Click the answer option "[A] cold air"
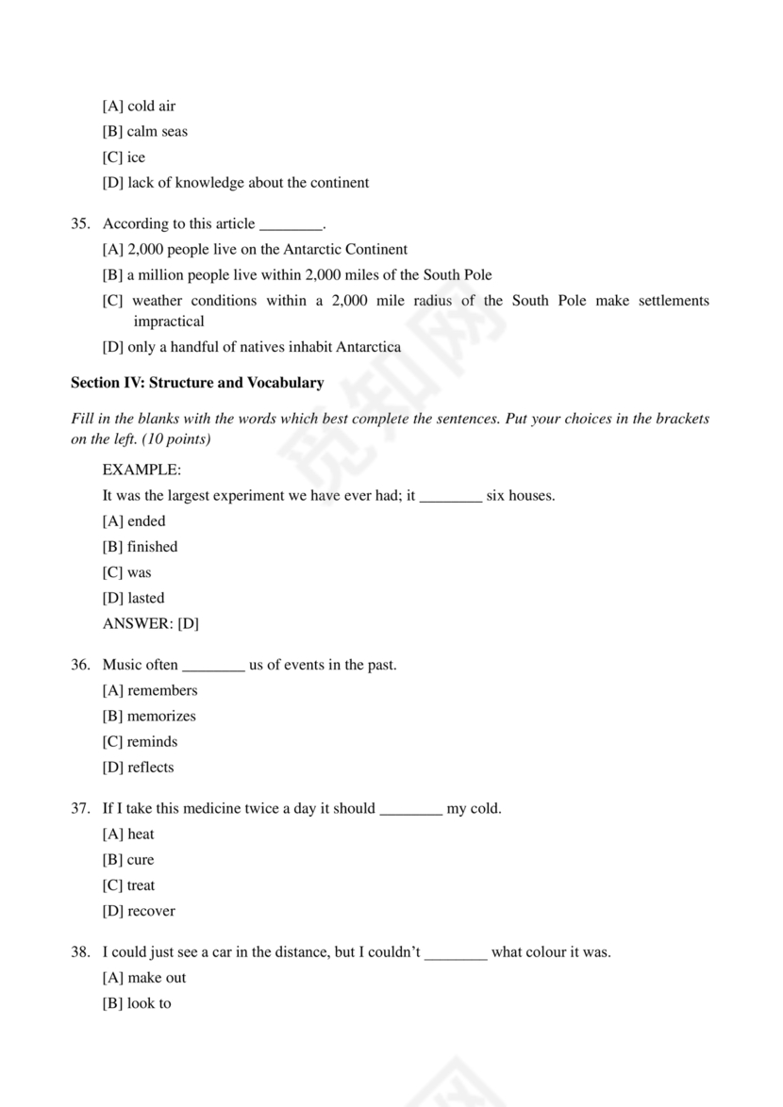[x=139, y=107]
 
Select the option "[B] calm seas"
[x=144, y=132]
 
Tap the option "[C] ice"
[x=124, y=157]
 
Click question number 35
[x=80, y=224]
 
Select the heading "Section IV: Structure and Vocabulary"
[x=197, y=383]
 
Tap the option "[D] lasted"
[x=133, y=598]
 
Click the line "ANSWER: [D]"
[x=150, y=623]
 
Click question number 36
[x=80, y=666]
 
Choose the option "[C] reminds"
[x=140, y=742]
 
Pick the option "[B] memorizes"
[x=149, y=717]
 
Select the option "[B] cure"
[x=127, y=860]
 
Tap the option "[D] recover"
[x=138, y=911]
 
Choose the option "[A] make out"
[x=143, y=978]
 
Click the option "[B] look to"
[x=137, y=1003]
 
